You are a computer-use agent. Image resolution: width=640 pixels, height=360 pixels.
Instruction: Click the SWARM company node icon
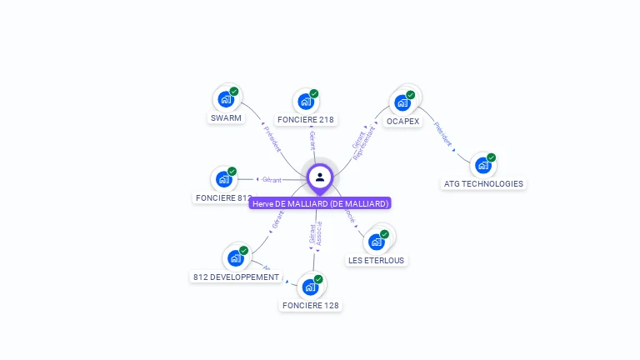tap(225, 99)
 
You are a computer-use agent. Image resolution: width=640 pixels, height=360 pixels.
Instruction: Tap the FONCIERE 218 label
tap(306, 119)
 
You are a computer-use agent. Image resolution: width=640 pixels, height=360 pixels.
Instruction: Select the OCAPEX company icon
tap(402, 102)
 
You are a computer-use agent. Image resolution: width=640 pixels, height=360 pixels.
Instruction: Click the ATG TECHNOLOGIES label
tap(483, 183)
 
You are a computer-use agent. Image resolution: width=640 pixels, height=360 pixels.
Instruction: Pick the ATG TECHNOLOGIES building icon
tap(482, 165)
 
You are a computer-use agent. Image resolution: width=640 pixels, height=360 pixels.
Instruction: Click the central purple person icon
tap(320, 177)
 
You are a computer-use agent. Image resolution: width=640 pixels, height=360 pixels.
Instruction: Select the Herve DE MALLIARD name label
tap(319, 203)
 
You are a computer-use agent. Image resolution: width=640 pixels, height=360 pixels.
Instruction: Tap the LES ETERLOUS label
tap(376, 260)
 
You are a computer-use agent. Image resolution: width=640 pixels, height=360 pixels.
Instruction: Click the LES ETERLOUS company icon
tap(376, 242)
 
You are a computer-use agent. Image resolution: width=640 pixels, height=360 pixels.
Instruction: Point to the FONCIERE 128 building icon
tap(310, 287)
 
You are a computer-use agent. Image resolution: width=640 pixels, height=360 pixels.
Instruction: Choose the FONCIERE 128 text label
tap(311, 305)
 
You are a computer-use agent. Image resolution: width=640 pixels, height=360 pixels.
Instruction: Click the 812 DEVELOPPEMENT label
tap(236, 277)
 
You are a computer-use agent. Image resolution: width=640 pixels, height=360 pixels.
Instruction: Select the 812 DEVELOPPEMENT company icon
tap(235, 258)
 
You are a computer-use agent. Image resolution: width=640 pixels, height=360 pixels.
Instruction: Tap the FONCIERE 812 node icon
tap(223, 179)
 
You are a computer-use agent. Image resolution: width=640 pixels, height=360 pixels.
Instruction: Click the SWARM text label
tap(226, 117)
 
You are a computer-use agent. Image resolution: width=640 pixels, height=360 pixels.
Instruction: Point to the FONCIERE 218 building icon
tap(306, 102)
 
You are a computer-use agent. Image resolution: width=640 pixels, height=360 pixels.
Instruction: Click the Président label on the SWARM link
tap(272, 139)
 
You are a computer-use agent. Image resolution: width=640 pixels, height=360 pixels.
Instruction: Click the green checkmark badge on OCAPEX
tap(411, 95)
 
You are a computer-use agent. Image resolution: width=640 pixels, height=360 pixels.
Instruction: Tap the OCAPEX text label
tap(402, 121)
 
